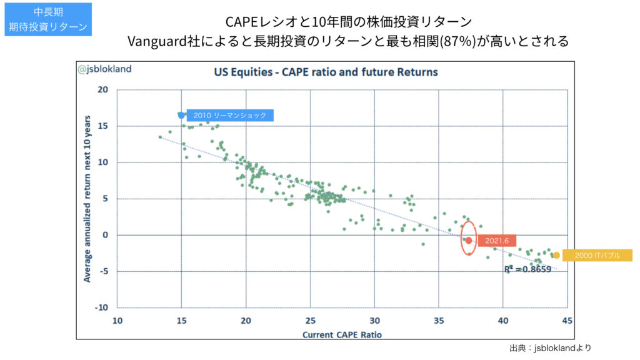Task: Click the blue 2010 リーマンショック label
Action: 229,115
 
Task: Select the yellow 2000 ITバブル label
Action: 597,255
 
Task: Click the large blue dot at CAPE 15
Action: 181,115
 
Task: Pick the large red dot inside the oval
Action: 469,240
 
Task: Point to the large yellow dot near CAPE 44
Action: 556,255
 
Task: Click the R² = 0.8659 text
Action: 528,269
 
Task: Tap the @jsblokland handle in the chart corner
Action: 105,69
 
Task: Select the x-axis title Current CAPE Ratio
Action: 342,334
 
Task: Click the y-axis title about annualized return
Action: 87,198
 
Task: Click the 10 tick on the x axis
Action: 117,321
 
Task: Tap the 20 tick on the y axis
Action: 104,89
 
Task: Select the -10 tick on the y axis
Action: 102,308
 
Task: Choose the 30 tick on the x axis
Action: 374,321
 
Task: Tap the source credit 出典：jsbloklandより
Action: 551,348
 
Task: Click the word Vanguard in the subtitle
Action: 154,41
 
